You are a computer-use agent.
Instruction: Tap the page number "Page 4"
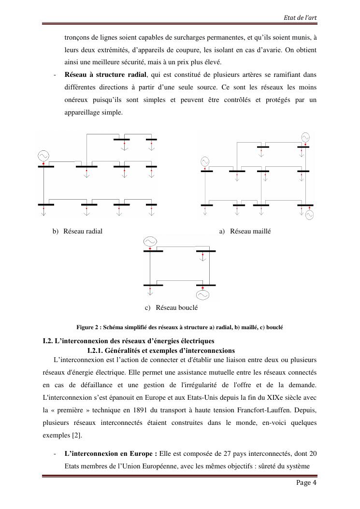[x=306, y=483]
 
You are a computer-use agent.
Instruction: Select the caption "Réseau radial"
[x=83, y=232]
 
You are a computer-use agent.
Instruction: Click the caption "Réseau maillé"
[x=250, y=232]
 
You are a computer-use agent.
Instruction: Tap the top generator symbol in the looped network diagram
[x=150, y=241]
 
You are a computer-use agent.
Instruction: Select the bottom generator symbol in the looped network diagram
[x=202, y=294]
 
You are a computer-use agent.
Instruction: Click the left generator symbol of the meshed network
[x=205, y=161]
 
